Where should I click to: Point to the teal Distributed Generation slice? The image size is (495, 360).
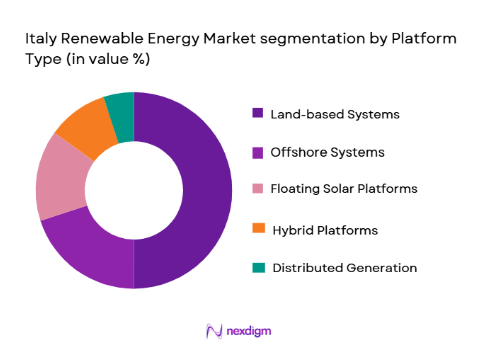120,104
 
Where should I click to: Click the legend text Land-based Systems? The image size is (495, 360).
336,114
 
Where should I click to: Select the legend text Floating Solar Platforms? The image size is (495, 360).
345,190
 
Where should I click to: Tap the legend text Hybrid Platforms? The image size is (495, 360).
325,229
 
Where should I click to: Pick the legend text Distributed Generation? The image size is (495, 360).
344,267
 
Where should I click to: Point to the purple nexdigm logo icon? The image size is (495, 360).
213,331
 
